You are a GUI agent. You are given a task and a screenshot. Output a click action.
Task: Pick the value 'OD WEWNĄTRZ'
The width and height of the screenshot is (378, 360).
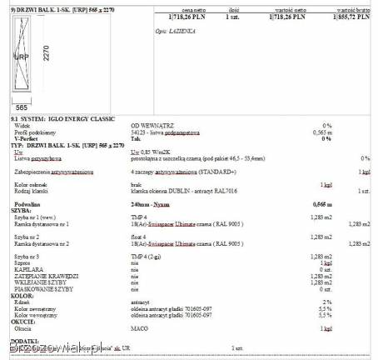pos(150,126)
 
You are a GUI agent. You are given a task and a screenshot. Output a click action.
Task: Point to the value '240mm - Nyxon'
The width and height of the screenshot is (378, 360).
pos(151,203)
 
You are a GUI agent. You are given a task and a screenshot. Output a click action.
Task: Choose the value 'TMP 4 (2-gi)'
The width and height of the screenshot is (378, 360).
pos(147,257)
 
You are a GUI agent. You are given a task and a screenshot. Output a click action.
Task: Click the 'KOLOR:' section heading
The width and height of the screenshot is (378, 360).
pos(22,294)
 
